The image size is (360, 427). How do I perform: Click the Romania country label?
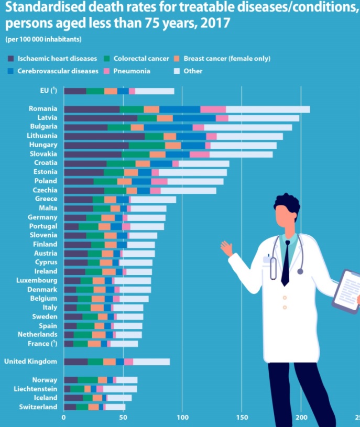pos(43,108)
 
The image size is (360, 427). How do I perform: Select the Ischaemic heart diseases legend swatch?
pos(11,58)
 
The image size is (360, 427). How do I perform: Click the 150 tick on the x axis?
pos(241,418)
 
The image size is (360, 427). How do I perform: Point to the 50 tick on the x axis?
pos(123,418)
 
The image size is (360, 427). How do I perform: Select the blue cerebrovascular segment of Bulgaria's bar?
pos(168,127)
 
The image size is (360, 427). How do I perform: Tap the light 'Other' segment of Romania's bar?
pos(267,109)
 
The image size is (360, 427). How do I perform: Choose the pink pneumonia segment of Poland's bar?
pos(159,181)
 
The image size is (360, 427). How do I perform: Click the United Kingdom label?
pos(30,362)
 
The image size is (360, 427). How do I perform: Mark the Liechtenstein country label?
pos(36,389)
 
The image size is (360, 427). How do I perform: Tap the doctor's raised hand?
pos(226,248)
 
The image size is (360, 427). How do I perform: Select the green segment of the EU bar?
pos(95,91)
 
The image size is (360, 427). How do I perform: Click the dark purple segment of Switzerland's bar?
pos(70,407)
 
